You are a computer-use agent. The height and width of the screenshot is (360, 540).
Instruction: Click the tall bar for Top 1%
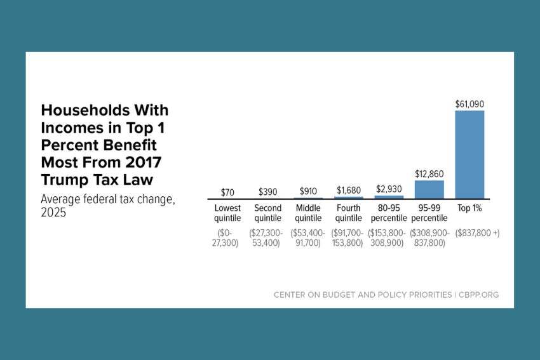pos(469,154)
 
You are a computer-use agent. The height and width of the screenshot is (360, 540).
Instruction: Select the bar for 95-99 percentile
pos(429,189)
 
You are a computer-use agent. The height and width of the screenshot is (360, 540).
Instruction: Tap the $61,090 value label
pos(469,103)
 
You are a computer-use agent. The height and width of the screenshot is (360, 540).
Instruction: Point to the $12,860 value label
pos(429,173)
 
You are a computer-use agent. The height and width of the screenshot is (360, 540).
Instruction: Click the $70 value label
pos(227,191)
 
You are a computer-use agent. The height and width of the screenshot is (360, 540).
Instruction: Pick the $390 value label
pos(267,191)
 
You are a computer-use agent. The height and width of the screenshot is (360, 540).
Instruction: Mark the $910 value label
pos(308,191)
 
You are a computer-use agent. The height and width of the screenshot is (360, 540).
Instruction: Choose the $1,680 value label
pos(348,190)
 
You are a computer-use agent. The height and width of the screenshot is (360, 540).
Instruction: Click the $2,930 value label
pos(388,189)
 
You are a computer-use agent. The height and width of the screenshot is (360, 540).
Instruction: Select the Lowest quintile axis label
pos(227,213)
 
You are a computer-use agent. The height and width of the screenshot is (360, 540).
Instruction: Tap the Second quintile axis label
pos(267,213)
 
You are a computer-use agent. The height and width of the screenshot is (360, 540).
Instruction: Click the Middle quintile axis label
pos(308,213)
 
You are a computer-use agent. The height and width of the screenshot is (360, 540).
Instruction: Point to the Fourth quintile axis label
pos(348,213)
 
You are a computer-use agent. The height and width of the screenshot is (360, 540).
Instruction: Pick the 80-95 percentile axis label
pos(388,213)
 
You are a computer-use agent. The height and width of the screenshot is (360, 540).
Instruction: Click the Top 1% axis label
pos(469,208)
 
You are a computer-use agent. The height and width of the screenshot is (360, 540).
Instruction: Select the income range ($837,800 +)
pos(477,233)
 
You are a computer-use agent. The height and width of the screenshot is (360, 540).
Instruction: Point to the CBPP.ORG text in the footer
pos(483,295)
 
